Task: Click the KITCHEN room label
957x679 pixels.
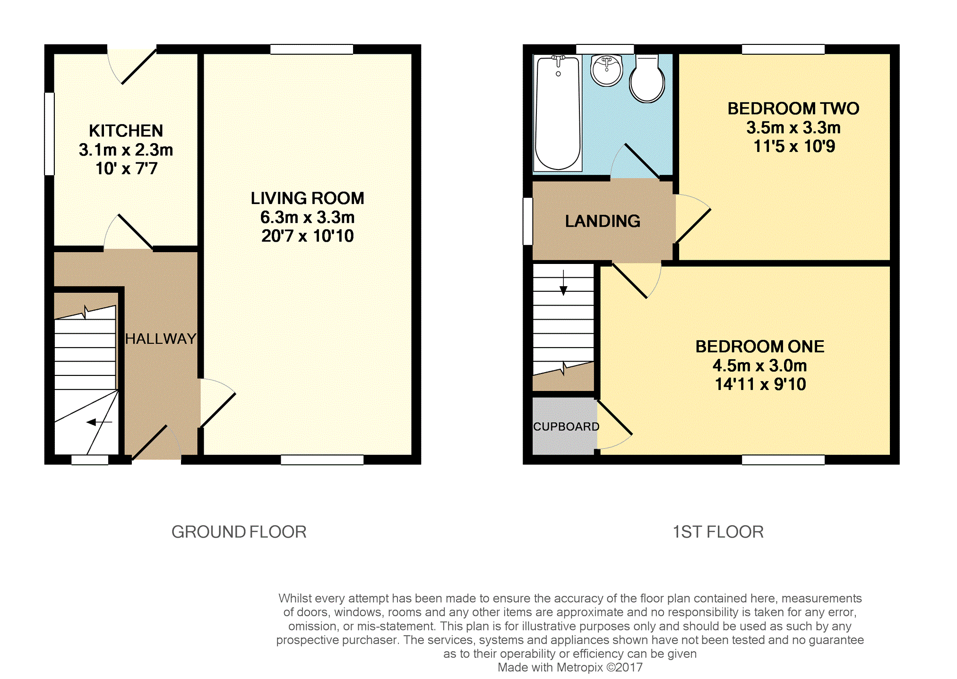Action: (126, 131)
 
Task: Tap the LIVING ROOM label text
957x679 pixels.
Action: (308, 198)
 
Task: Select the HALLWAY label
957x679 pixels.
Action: (161, 339)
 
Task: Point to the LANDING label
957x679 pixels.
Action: (603, 221)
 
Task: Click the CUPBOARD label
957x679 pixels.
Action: (566, 426)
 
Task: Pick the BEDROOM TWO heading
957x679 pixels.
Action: (793, 109)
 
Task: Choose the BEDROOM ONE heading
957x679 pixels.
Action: (760, 347)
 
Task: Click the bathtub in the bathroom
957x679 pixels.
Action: (558, 113)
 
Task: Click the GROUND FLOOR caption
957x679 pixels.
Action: (239, 532)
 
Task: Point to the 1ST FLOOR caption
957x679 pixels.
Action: (718, 532)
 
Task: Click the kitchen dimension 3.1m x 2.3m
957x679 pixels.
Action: (126, 150)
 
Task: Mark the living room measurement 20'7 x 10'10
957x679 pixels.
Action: (308, 236)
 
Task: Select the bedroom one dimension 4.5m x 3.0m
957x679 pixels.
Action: (760, 365)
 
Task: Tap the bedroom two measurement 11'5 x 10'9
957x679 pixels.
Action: (794, 146)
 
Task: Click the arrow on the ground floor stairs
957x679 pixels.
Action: (99, 422)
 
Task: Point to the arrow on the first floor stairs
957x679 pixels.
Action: (563, 283)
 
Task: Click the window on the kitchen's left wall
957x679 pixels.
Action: (50, 134)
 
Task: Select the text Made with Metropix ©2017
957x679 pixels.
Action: (570, 667)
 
